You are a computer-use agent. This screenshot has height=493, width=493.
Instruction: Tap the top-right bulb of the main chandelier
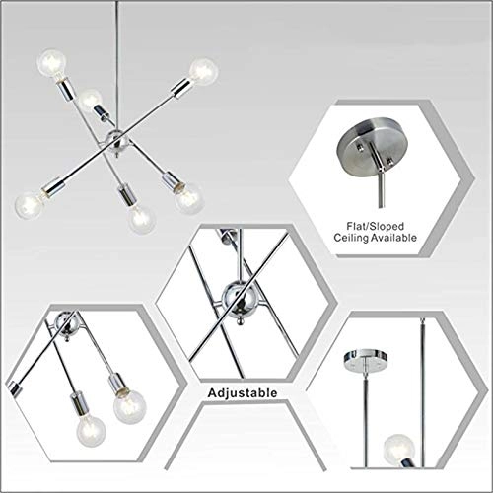(x=204, y=68)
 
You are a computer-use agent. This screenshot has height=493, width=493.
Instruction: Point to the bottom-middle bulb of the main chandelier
(x=141, y=216)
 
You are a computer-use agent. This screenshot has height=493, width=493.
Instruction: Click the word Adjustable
(x=242, y=392)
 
